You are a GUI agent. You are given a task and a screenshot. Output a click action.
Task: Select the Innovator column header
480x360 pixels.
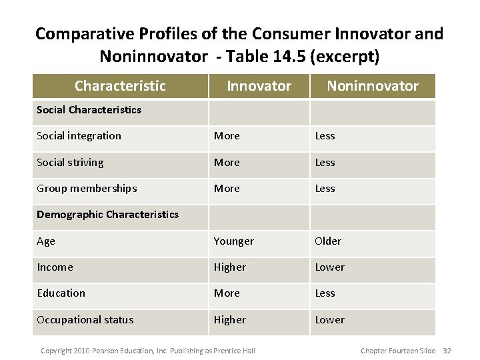[259, 86]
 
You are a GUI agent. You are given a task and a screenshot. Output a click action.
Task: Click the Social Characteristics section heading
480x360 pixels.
[89, 109]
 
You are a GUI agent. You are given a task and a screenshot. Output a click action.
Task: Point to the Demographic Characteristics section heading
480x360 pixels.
[107, 214]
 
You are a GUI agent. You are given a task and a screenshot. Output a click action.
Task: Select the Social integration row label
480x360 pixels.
[79, 136]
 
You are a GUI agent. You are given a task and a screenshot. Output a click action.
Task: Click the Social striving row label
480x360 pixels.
[70, 162]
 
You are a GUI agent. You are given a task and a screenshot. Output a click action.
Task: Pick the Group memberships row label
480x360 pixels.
[87, 189]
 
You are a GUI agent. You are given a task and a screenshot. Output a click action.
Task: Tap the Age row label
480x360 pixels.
[46, 241]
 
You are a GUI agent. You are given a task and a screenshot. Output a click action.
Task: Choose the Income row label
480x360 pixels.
[54, 267]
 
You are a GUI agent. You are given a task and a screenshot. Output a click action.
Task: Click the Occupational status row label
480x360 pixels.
[85, 319]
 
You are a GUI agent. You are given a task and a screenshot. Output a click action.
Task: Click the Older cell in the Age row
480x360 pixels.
[327, 241]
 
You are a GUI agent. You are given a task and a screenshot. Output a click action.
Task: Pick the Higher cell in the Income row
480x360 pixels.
[229, 267]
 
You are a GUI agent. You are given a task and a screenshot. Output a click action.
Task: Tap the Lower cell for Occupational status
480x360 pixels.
[329, 319]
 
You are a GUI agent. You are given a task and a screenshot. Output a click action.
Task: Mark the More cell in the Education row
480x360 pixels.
[226, 293]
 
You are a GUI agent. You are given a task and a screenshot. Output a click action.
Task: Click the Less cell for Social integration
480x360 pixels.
[325, 136]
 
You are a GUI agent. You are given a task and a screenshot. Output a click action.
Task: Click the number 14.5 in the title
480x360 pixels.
[294, 57]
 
